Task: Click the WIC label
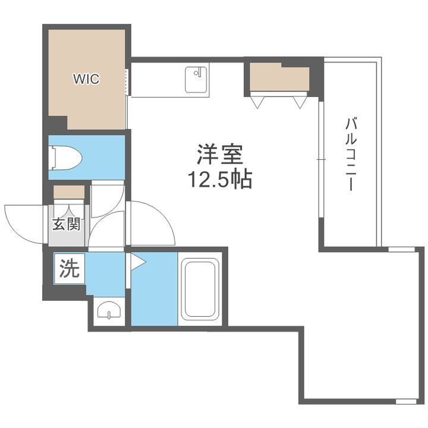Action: point(86,79)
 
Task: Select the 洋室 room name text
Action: point(219,155)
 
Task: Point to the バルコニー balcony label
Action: point(350,155)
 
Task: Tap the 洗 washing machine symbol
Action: point(69,269)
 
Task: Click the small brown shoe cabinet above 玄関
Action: point(69,192)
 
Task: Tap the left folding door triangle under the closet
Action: point(257,102)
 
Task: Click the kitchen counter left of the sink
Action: point(157,80)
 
